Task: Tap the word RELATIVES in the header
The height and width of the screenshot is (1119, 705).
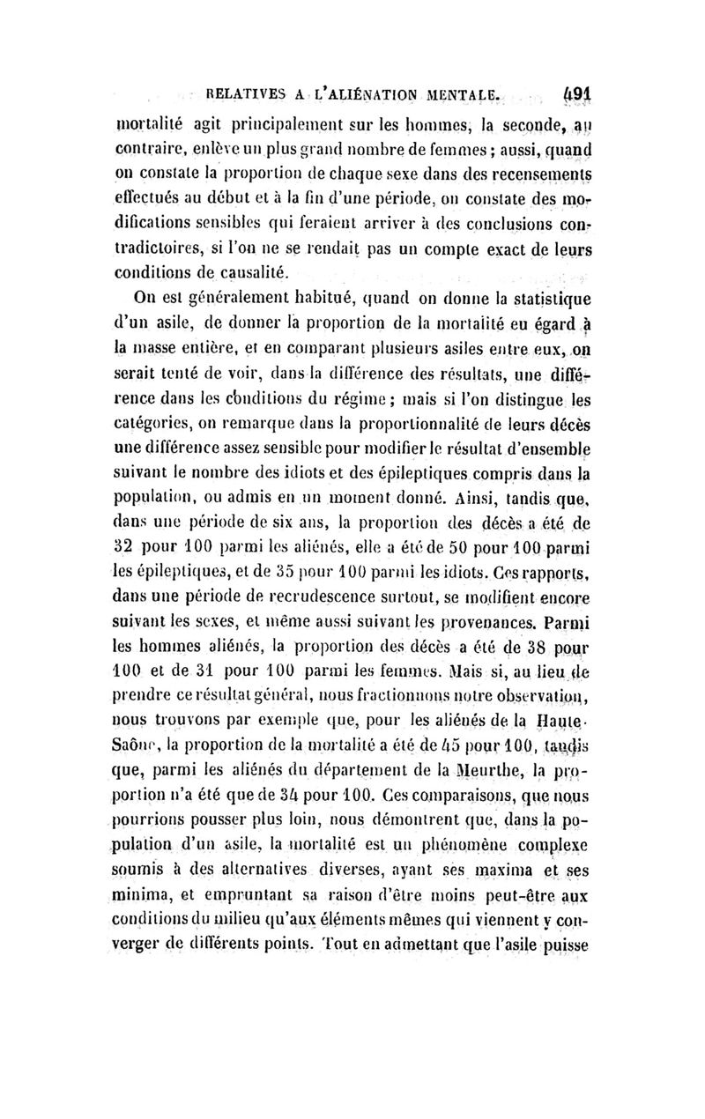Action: [244, 92]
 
